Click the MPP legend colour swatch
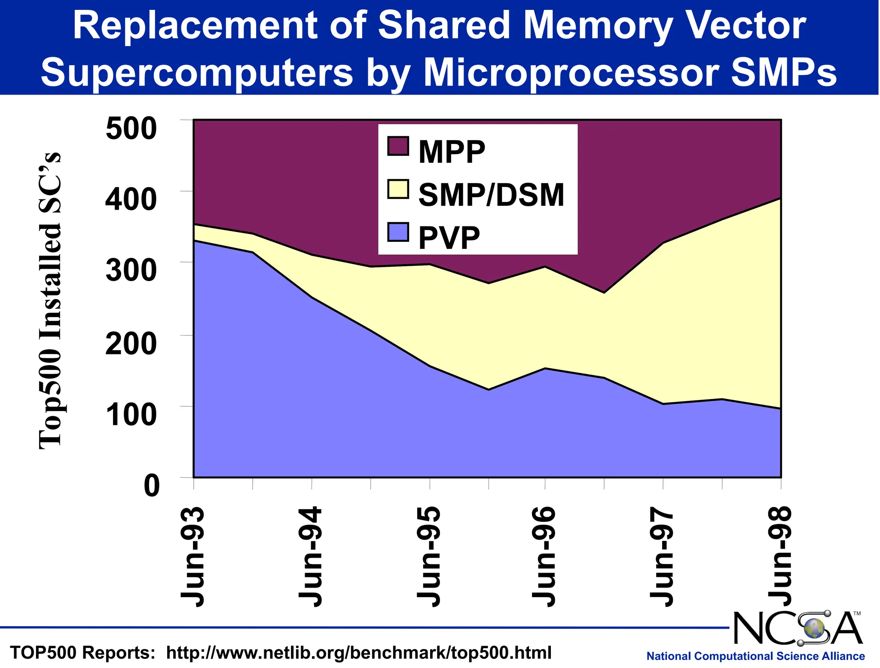point(397,146)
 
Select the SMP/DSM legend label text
point(491,195)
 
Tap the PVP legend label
point(449,238)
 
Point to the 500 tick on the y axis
point(131,128)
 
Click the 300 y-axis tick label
point(131,271)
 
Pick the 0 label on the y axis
point(151,486)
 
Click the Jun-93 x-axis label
point(192,557)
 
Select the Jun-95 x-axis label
point(429,557)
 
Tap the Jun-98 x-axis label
point(780,557)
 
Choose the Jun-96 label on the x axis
point(544,557)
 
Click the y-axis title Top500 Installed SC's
point(51,301)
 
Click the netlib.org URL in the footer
point(358,653)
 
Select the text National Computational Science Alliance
point(755,656)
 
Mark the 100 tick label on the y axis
point(131,415)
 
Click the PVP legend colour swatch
point(397,232)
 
